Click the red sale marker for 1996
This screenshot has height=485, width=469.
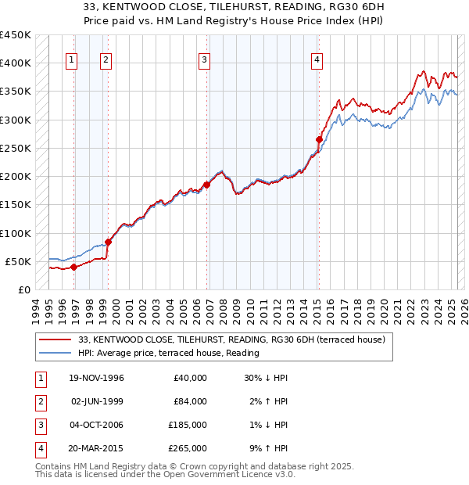tap(73, 267)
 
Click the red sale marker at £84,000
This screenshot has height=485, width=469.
tap(108, 242)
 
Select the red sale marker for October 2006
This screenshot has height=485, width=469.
tap(207, 185)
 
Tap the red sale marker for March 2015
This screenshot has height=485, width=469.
tap(319, 140)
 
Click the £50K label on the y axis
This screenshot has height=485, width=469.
tap(18, 261)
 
